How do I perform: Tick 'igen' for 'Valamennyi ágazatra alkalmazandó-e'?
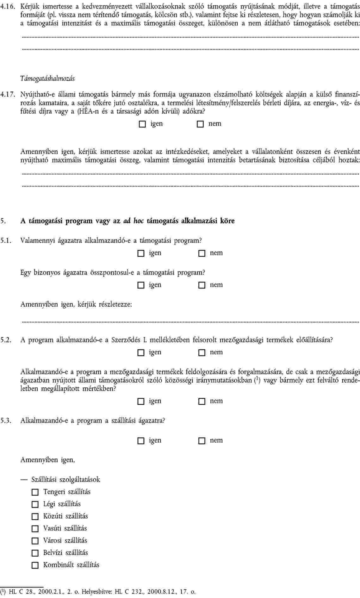pos(140,253)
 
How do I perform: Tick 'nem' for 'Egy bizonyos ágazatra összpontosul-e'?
pos(202,285)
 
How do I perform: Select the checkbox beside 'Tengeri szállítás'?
pos(35,492)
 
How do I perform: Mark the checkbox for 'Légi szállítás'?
pos(35,504)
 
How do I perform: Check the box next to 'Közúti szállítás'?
pos(35,517)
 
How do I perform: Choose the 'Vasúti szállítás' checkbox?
pos(35,529)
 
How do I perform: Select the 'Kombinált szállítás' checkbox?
pos(35,565)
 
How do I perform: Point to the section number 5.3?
pos(6,421)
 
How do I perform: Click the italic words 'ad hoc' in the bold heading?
pos(133,221)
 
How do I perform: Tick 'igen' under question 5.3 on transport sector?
pos(140,441)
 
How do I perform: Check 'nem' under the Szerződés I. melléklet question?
pos(202,353)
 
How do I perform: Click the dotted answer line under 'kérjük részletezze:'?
pos(190,322)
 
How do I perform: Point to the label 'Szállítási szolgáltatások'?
pos(65,480)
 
